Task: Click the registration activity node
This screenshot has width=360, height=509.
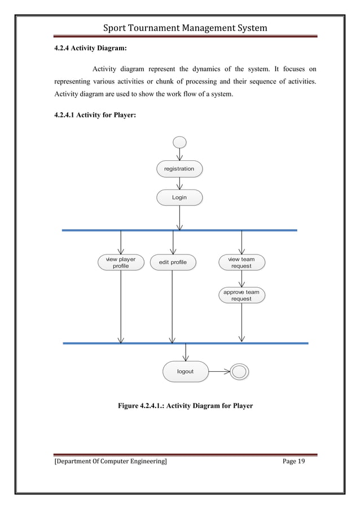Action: point(179,169)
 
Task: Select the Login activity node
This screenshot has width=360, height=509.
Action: point(179,198)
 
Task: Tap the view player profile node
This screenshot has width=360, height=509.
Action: point(121,262)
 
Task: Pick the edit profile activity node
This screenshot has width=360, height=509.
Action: point(173,262)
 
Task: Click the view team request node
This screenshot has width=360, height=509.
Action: point(242,262)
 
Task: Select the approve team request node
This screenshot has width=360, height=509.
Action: point(242,295)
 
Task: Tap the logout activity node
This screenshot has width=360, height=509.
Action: point(185,371)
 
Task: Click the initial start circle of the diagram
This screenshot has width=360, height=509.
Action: point(180,142)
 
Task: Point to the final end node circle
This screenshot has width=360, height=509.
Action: point(240,371)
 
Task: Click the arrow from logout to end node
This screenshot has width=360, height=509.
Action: point(219,371)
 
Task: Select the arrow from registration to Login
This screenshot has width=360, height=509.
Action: point(179,183)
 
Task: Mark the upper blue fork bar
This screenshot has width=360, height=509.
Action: point(179,230)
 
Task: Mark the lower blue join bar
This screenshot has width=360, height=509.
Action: point(185,343)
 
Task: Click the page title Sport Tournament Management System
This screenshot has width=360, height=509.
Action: point(180,28)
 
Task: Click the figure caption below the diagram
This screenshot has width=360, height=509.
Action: point(185,406)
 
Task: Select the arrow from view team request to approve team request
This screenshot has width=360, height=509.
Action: point(242,279)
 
